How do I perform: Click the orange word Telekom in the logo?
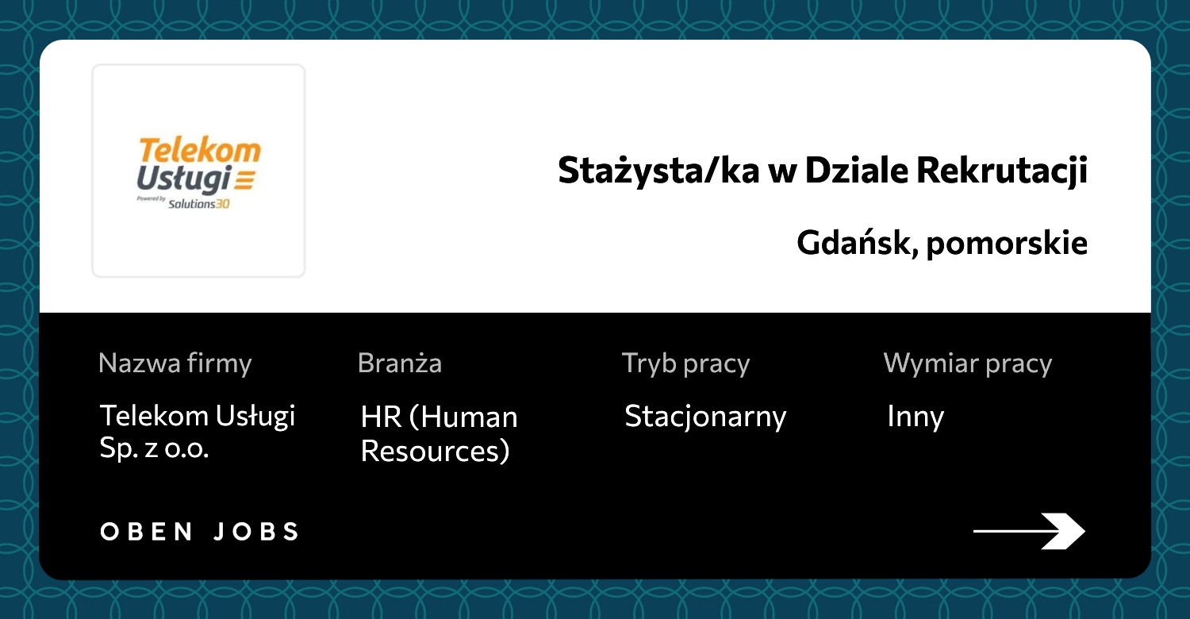pos(200,150)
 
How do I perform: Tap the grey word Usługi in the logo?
pos(184,179)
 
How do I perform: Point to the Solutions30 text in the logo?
pos(198,204)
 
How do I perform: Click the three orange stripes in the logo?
pos(245,179)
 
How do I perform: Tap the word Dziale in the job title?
pos(856,170)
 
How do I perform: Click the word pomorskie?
pos(1007,244)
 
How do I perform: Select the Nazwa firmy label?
pos(175,364)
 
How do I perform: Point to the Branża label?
pos(400,363)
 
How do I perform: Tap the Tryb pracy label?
pos(686,364)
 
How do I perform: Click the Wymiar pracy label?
pos(967,364)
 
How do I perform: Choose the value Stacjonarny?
pos(705,417)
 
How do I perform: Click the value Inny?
pos(916,417)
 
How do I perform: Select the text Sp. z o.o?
pos(154,448)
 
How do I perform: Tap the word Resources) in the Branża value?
pos(435,451)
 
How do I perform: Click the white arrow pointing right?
pos(1029,531)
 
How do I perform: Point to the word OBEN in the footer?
pos(147,532)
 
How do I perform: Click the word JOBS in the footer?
pos(256,532)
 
